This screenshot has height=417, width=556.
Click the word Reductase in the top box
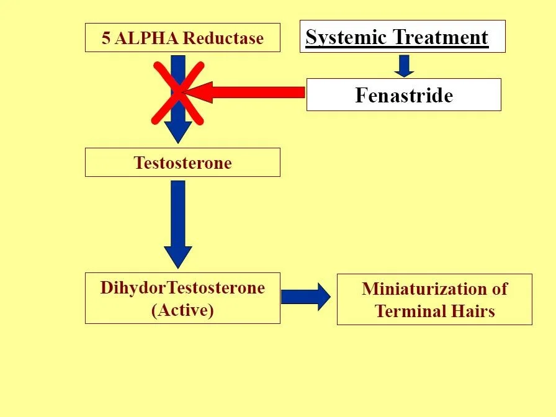(x=223, y=38)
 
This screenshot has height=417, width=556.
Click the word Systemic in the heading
(x=342, y=37)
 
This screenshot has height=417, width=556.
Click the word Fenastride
(x=404, y=95)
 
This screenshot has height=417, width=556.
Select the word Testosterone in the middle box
(x=182, y=163)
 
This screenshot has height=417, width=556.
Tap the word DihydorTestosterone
(x=182, y=288)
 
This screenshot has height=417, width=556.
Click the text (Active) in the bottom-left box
(x=182, y=310)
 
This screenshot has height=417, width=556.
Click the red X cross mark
(x=178, y=93)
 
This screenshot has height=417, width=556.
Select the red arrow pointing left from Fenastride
(x=248, y=93)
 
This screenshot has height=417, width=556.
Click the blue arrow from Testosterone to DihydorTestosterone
(x=178, y=223)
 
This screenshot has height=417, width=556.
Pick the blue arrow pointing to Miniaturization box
(x=306, y=297)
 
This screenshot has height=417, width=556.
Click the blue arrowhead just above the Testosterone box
(x=178, y=132)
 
